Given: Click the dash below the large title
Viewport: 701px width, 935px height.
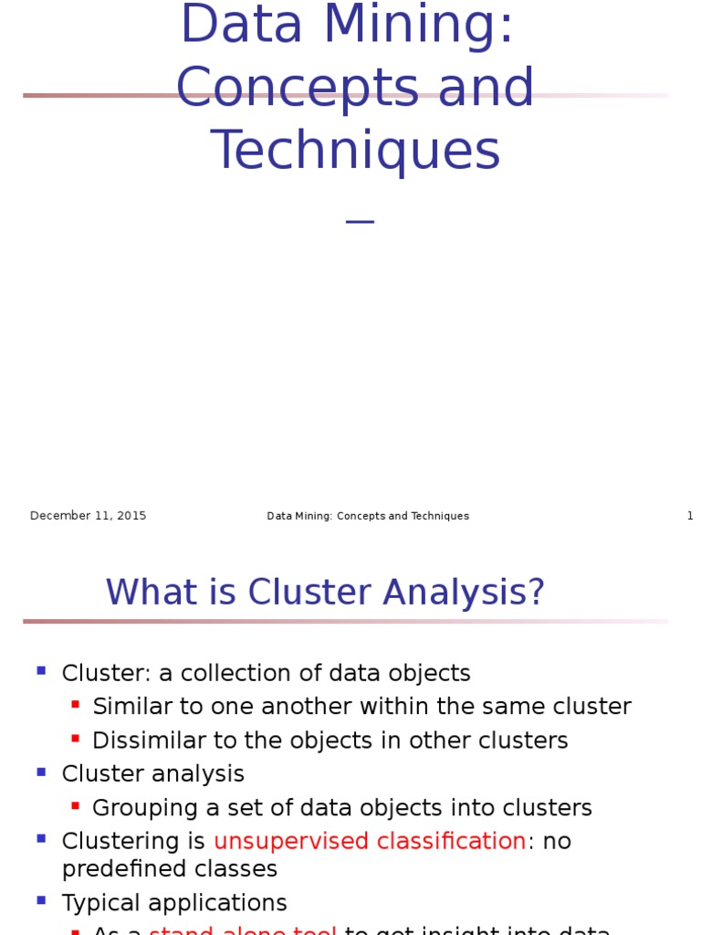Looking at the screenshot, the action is pos(361,221).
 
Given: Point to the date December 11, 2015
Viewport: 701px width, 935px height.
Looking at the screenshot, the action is pos(88,516).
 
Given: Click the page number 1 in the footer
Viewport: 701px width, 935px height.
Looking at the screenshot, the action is pos(690,516).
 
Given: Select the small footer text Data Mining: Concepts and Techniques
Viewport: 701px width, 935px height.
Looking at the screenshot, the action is pos(368,516).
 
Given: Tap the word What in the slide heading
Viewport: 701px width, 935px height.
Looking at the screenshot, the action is pos(146,593).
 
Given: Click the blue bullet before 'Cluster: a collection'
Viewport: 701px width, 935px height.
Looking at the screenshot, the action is pos(41,671).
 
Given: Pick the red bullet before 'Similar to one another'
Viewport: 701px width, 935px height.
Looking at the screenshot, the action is pos(75,704).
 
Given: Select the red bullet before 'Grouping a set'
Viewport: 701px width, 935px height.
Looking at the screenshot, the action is pos(75,805).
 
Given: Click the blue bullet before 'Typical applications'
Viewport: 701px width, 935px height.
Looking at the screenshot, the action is pos(41,900).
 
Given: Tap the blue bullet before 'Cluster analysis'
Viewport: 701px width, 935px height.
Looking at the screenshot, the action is pos(41,772).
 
